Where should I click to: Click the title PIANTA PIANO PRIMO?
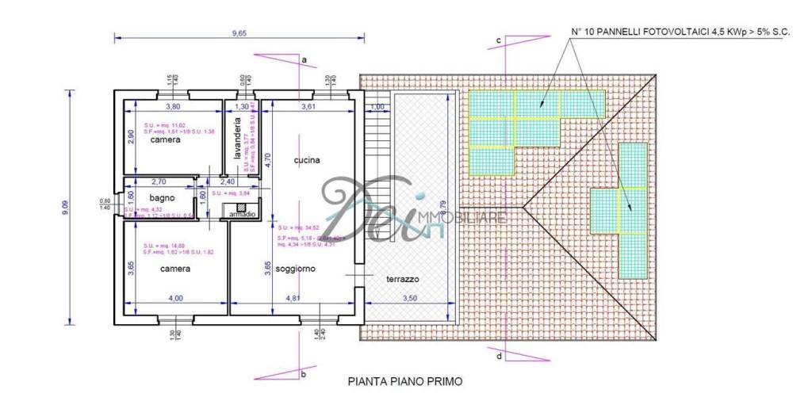[x=404, y=381]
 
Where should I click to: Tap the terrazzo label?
[x=402, y=280]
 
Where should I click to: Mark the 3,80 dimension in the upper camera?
[x=172, y=105]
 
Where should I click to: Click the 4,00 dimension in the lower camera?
[x=175, y=298]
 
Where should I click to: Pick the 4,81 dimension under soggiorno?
[x=293, y=298]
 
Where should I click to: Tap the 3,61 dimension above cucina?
[x=308, y=105]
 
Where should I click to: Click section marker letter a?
[x=304, y=59]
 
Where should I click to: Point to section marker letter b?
[x=304, y=373]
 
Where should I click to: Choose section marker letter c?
[x=498, y=40]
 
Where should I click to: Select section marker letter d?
[x=498, y=356]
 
